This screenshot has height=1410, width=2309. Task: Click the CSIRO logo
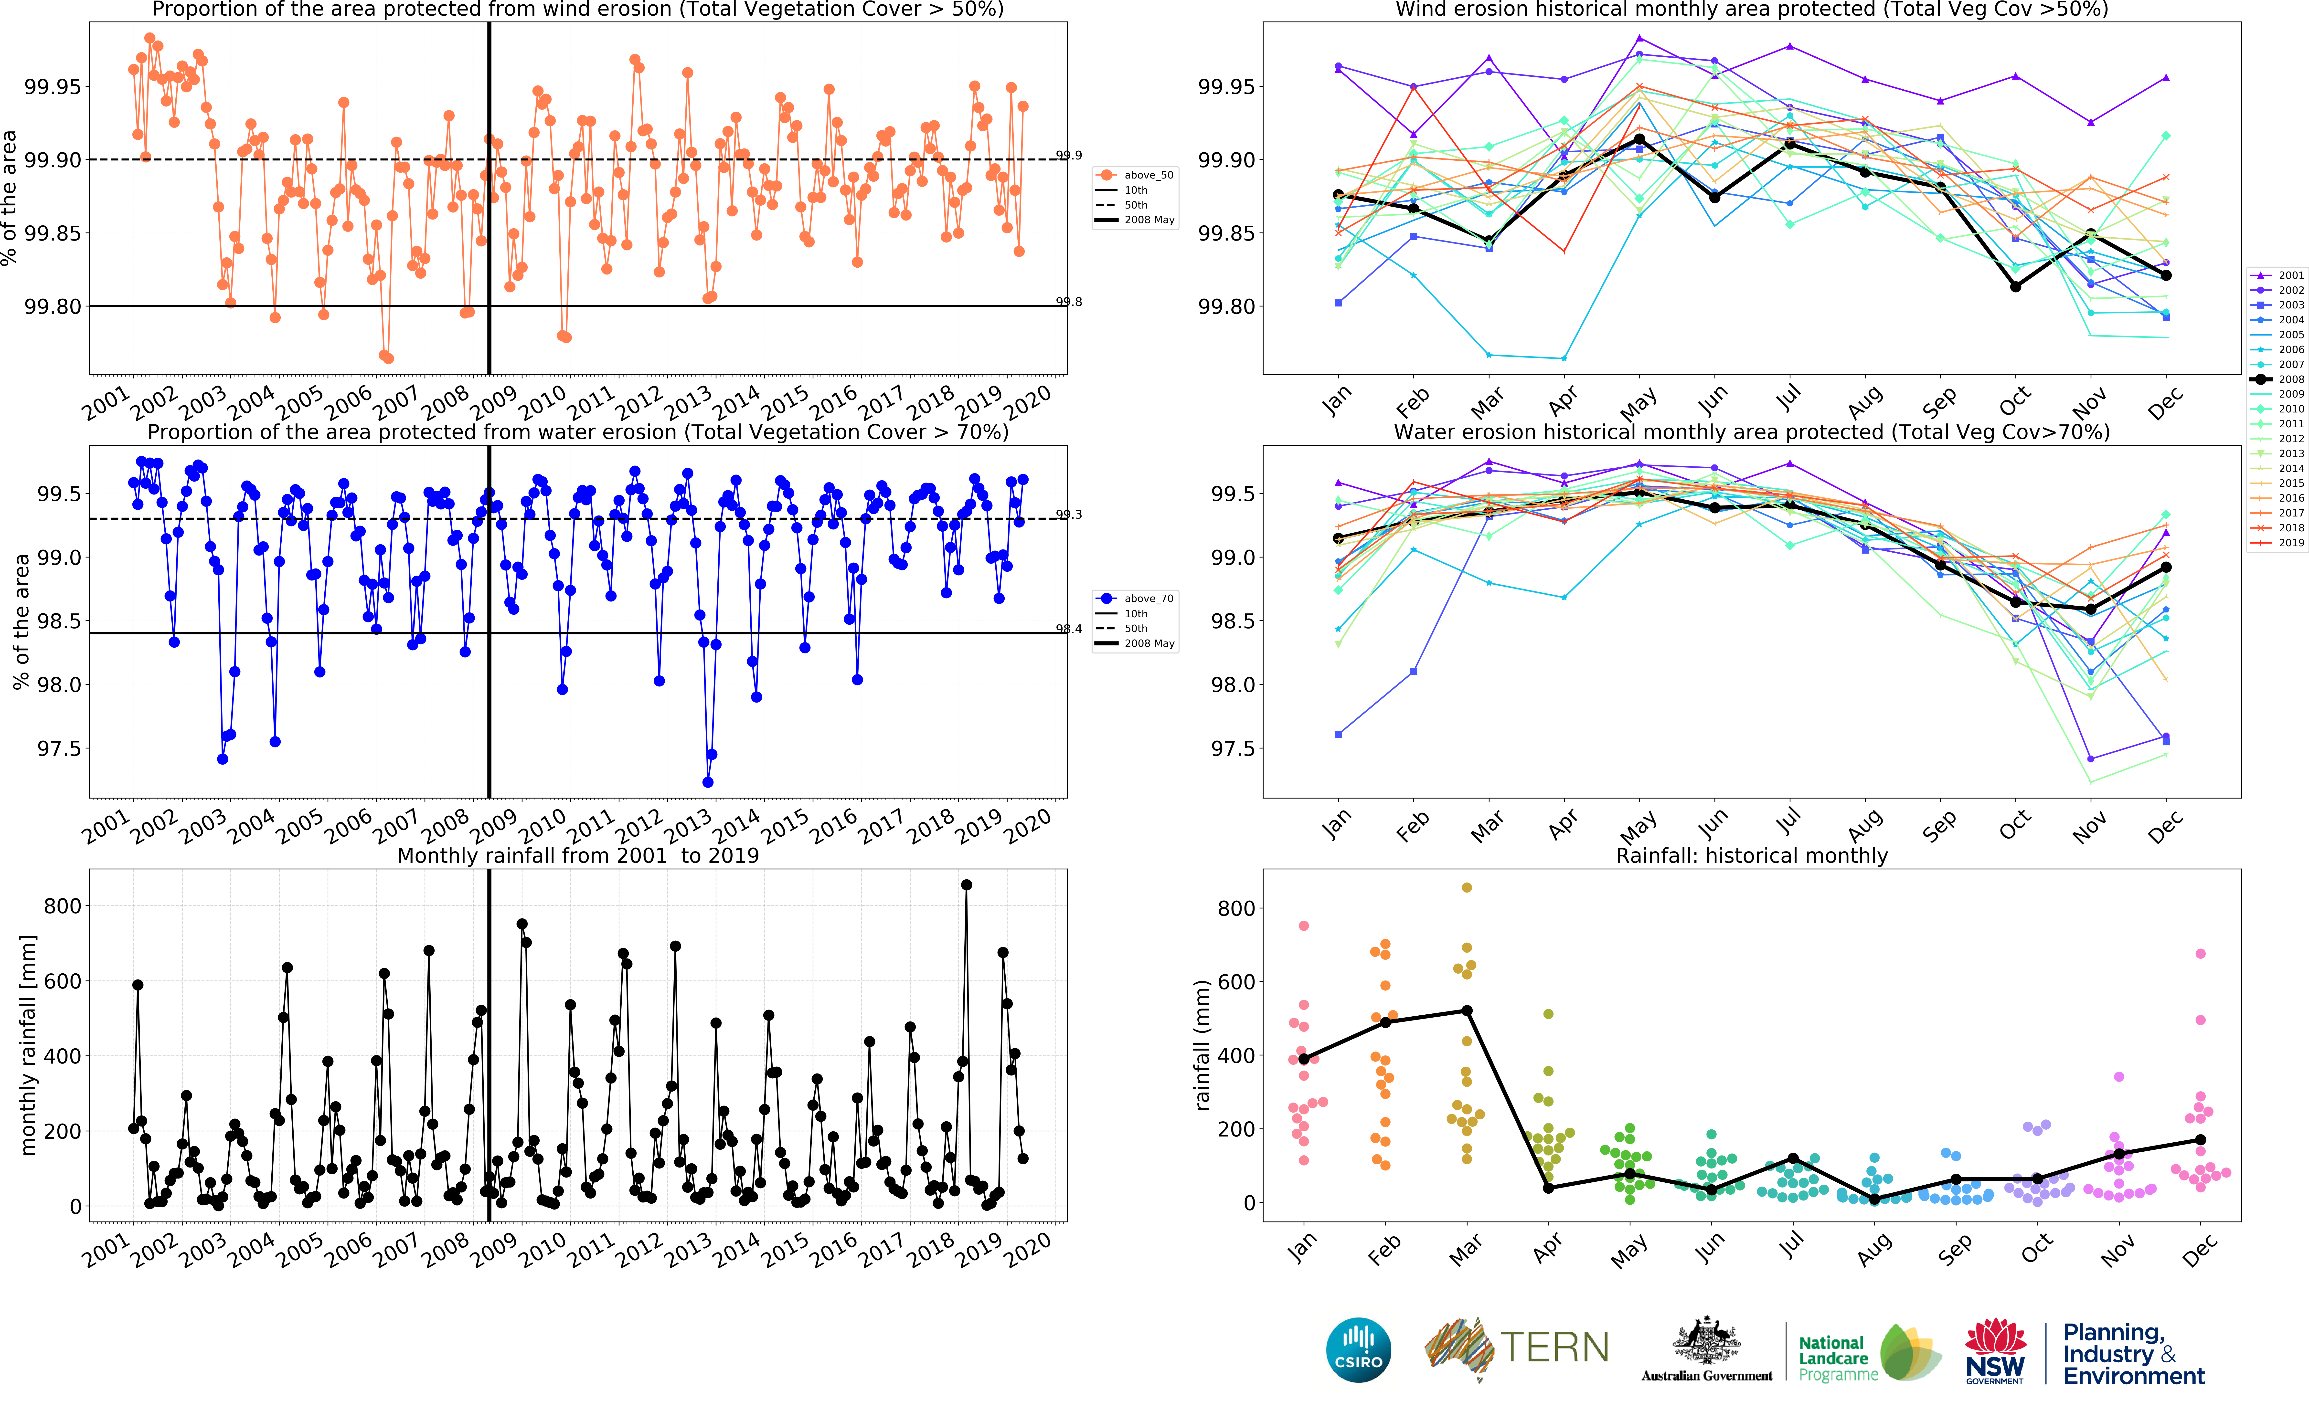[1358, 1350]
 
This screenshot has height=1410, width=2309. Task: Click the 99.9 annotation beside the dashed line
[1068, 156]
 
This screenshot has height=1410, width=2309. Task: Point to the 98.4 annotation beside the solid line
[1068, 629]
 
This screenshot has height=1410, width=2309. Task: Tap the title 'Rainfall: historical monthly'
[1751, 855]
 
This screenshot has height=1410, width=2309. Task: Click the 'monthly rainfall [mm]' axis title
[28, 1045]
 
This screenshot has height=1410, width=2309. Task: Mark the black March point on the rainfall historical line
[1467, 1011]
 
